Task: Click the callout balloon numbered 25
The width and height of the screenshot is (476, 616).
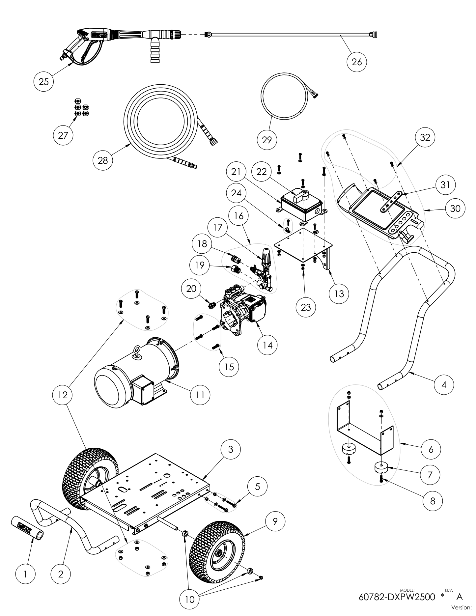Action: tap(43, 81)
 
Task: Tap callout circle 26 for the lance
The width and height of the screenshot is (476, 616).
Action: tap(357, 62)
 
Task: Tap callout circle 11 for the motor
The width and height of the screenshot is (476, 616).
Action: tap(200, 394)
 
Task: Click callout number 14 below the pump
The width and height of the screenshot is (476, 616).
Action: tap(267, 345)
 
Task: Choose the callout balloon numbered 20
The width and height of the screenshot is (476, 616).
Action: tap(191, 289)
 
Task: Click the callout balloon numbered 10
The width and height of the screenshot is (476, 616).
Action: tap(190, 599)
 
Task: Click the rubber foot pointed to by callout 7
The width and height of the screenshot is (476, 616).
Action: tap(381, 468)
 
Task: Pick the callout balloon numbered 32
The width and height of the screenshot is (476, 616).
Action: tap(425, 137)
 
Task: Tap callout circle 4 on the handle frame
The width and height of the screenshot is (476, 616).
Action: tap(444, 384)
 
